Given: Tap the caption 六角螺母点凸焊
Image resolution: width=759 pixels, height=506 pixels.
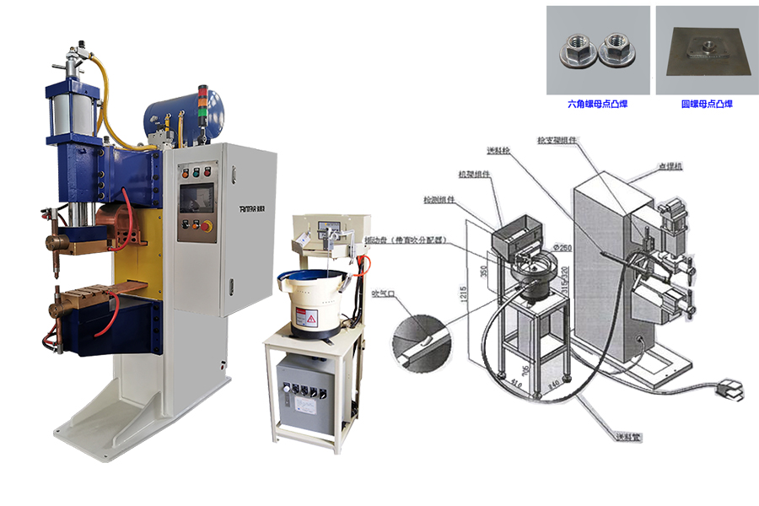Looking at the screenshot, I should click(598, 105).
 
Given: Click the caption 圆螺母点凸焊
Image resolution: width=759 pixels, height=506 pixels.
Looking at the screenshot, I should click(707, 105).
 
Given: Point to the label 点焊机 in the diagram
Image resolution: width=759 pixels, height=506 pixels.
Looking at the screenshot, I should click(671, 167).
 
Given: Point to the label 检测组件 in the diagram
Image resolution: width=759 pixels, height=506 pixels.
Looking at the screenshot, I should click(438, 200).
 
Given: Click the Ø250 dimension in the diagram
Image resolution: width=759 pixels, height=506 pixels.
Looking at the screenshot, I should click(559, 246).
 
